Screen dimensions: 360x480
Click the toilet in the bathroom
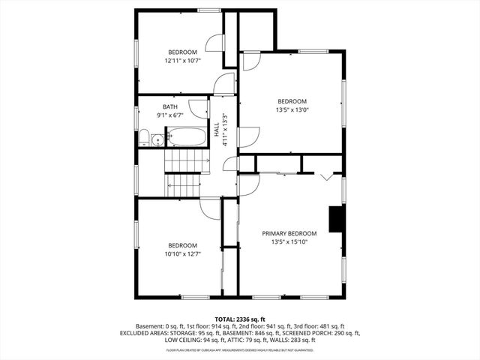click(142, 137)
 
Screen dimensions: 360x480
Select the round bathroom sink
click(157, 139)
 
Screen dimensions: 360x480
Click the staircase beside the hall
click(186, 172)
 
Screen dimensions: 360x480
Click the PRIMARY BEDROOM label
click(289, 233)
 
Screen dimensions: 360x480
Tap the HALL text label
click(216, 130)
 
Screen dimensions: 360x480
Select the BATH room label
click(171, 106)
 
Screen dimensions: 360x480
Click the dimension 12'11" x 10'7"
click(182, 61)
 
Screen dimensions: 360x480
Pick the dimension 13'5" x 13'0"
click(292, 109)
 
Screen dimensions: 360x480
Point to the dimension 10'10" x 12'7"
click(182, 253)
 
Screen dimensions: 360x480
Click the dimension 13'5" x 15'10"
click(289, 241)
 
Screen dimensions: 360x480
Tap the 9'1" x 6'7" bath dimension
click(171, 115)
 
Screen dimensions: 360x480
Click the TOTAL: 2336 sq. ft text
click(239, 319)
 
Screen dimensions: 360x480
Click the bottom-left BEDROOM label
click(182, 245)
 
